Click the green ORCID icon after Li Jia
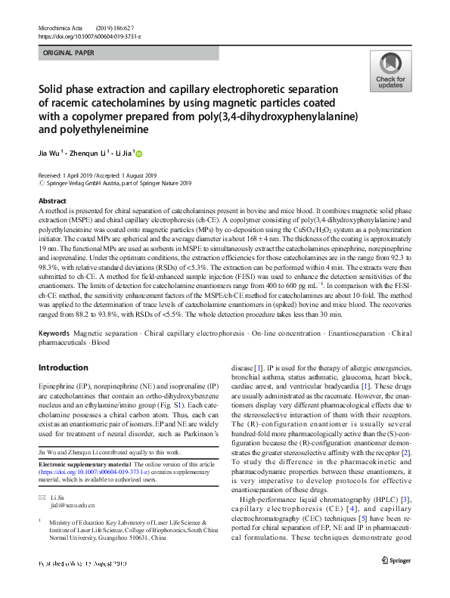pyautogui.click(x=139, y=153)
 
